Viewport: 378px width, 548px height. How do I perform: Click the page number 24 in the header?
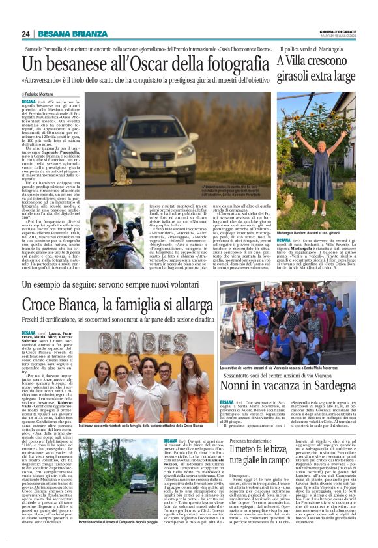[26, 34]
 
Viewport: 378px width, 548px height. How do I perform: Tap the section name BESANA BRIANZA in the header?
[66, 34]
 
